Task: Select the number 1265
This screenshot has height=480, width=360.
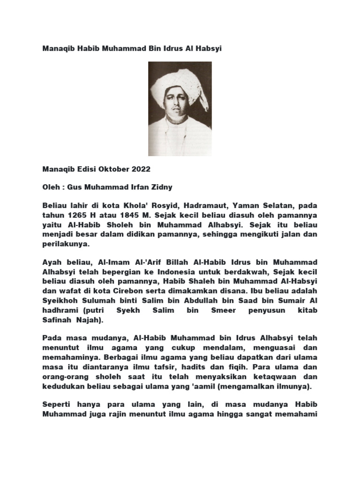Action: [x=76, y=215]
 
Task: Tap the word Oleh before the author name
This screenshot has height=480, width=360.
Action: [x=51, y=187]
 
